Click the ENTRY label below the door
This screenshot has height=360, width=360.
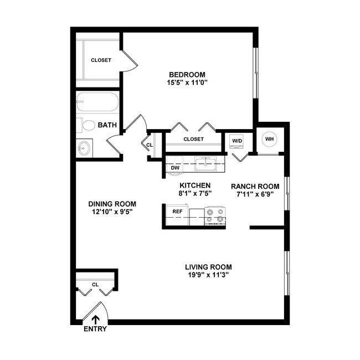[95, 329]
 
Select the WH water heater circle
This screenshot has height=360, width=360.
[269, 139]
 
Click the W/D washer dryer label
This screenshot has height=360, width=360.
[237, 141]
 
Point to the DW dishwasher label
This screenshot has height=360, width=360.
[175, 167]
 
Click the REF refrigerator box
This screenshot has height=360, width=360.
[177, 211]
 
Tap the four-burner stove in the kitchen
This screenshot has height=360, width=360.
[215, 216]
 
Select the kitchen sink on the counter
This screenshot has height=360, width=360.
[208, 163]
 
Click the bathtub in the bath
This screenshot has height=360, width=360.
[97, 104]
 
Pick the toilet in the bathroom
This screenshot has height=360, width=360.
[86, 125]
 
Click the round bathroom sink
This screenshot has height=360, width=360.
[85, 148]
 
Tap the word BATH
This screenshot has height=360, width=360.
[107, 125]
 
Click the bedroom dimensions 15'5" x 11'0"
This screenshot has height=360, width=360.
[187, 83]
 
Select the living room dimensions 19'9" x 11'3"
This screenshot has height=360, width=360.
[208, 274]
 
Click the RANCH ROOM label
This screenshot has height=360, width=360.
[255, 186]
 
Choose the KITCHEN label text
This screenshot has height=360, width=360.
[194, 185]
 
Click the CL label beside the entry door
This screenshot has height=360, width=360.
[95, 284]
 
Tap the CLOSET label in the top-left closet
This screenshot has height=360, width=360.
[101, 60]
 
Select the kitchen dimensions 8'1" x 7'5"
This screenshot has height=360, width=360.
[194, 193]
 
